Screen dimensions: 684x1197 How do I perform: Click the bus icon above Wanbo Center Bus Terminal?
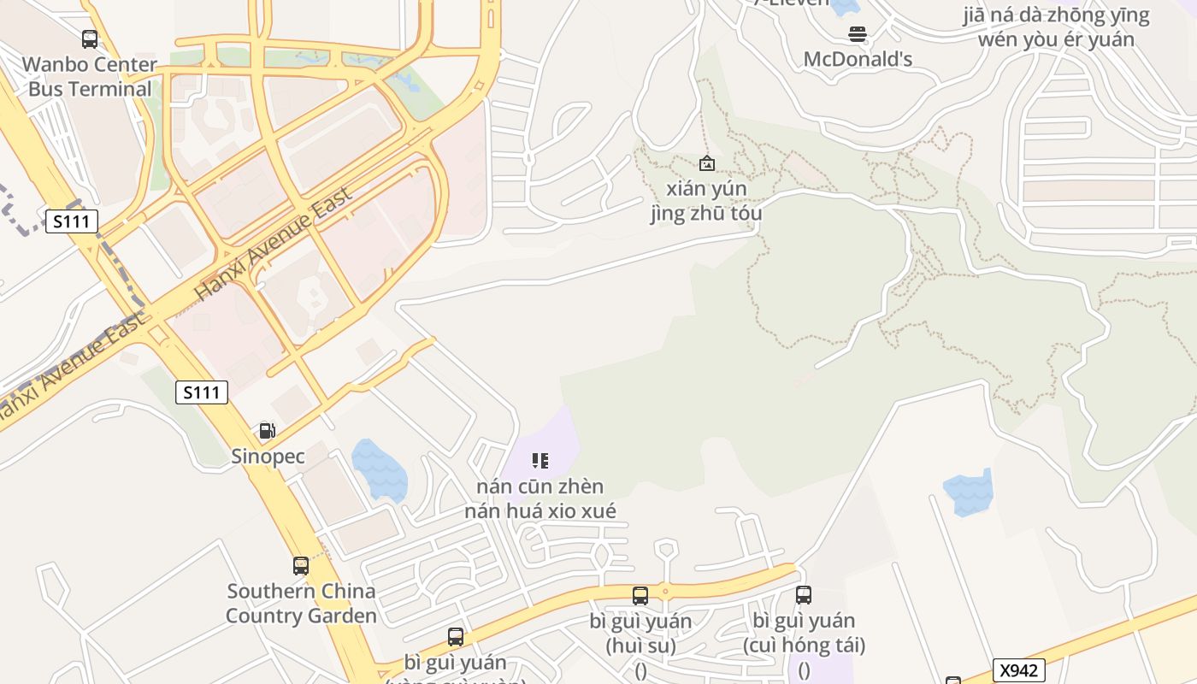[x=90, y=38]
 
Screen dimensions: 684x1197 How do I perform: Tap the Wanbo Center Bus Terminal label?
[x=90, y=76]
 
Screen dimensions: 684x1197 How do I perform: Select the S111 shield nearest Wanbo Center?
[x=72, y=222]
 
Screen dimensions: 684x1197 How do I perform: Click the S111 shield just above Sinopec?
[x=202, y=392]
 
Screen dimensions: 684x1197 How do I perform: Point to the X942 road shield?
[x=1018, y=669]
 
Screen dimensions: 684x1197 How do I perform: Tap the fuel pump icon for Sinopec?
[x=268, y=430]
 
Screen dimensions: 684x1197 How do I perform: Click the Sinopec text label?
[x=268, y=457]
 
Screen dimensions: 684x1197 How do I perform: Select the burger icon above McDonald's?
[x=858, y=34]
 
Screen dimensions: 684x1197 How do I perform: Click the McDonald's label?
[x=858, y=59]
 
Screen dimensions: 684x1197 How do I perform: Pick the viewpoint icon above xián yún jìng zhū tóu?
[x=707, y=162]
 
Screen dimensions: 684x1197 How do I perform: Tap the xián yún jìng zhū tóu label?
[x=706, y=201]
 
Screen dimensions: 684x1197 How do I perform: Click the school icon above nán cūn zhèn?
[x=540, y=462]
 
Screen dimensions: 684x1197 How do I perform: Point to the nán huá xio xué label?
[x=540, y=511]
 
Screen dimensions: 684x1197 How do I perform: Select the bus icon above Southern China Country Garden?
[x=301, y=565]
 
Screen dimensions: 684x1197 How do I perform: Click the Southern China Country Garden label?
[x=301, y=604]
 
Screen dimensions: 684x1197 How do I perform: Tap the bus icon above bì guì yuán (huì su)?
[x=640, y=596]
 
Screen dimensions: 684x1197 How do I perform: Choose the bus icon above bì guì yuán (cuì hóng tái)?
[x=804, y=595]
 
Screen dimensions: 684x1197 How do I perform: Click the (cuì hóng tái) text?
[x=804, y=645]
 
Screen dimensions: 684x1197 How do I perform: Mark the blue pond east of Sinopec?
[x=379, y=469]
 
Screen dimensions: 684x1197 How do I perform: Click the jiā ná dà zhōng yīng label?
[x=1056, y=15]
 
